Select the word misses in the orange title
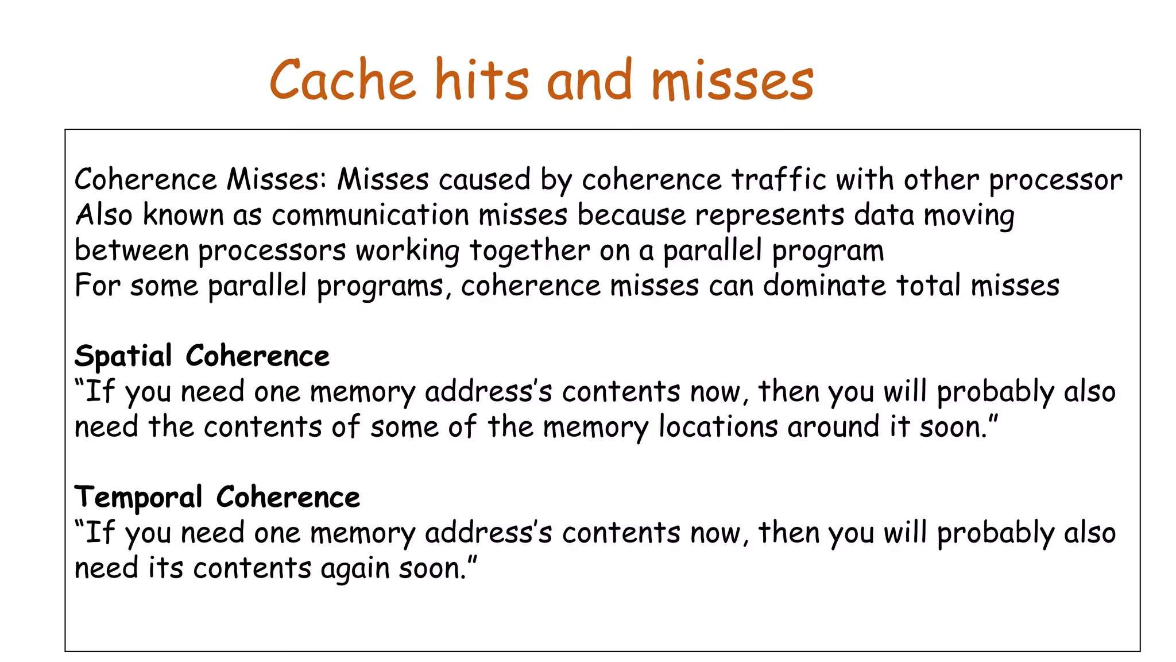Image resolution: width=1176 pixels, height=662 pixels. pyautogui.click(x=732, y=80)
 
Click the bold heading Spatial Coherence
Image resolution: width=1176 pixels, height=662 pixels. pyautogui.click(x=202, y=356)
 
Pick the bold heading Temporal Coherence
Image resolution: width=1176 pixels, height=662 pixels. pyautogui.click(x=217, y=497)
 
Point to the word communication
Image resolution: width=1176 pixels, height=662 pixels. pyautogui.click(x=370, y=215)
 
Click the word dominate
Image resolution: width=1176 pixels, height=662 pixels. pyautogui.click(x=825, y=286)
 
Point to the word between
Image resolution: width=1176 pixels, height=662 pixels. pyautogui.click(x=131, y=251)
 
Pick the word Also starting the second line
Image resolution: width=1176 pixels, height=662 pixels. pyautogui.click(x=104, y=215)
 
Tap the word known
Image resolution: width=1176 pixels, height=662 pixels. pyautogui.click(x=183, y=215)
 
